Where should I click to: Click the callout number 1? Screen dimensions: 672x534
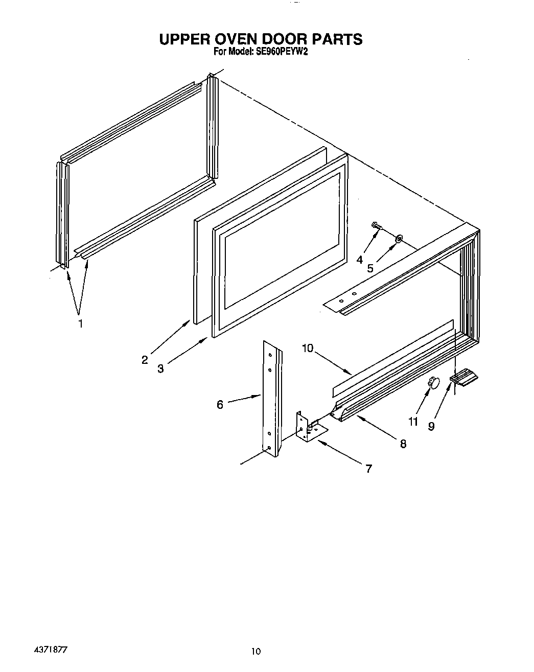[x=80, y=324]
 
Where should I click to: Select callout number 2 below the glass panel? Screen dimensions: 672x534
[x=145, y=360]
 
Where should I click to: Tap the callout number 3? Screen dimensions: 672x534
[x=160, y=368]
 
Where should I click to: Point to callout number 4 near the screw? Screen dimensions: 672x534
[x=360, y=260]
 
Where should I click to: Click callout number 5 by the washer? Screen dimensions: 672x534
[x=370, y=268]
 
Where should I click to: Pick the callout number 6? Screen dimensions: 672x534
[x=220, y=404]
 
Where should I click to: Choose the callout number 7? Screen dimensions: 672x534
[x=368, y=468]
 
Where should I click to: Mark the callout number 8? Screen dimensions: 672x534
[x=403, y=444]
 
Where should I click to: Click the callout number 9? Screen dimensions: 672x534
[x=431, y=426]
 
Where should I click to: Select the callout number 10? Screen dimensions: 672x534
[x=307, y=349]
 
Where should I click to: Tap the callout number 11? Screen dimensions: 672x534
[x=413, y=421]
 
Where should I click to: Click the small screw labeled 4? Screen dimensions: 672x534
[x=377, y=225]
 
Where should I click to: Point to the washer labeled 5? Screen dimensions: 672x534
[x=399, y=238]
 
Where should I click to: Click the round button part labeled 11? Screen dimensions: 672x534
[x=433, y=381]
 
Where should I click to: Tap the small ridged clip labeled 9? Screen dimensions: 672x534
[x=464, y=378]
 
